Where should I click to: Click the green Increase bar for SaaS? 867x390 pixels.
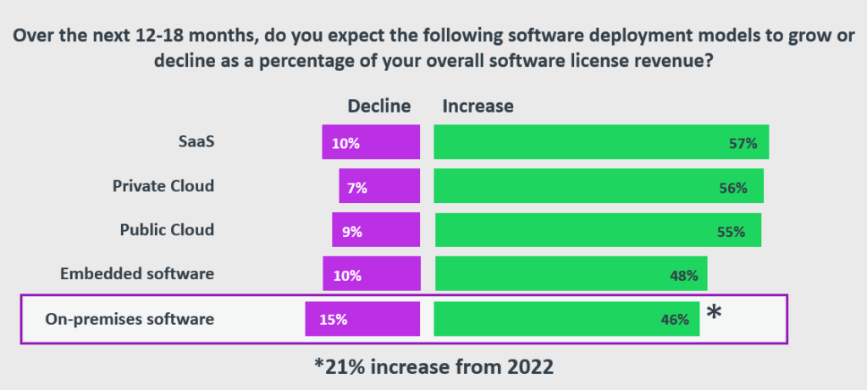click(601, 142)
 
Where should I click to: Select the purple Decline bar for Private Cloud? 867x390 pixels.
click(379, 187)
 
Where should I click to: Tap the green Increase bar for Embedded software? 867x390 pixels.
click(571, 275)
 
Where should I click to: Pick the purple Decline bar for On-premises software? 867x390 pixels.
click(362, 319)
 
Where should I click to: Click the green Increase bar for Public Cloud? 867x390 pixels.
click(598, 230)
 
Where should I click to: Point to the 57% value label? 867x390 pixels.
click(742, 144)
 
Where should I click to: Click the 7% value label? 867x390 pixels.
click(356, 188)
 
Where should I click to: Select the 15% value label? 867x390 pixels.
click(334, 320)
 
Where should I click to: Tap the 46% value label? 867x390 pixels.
click(675, 320)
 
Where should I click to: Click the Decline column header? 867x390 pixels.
click(379, 106)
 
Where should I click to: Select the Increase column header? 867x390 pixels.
click(478, 106)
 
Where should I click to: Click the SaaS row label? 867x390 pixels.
click(196, 141)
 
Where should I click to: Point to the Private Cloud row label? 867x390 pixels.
click(163, 185)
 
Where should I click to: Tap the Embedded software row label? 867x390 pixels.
click(137, 273)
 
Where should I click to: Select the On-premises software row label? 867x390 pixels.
click(130, 319)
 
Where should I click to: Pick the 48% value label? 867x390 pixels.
click(683, 276)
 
